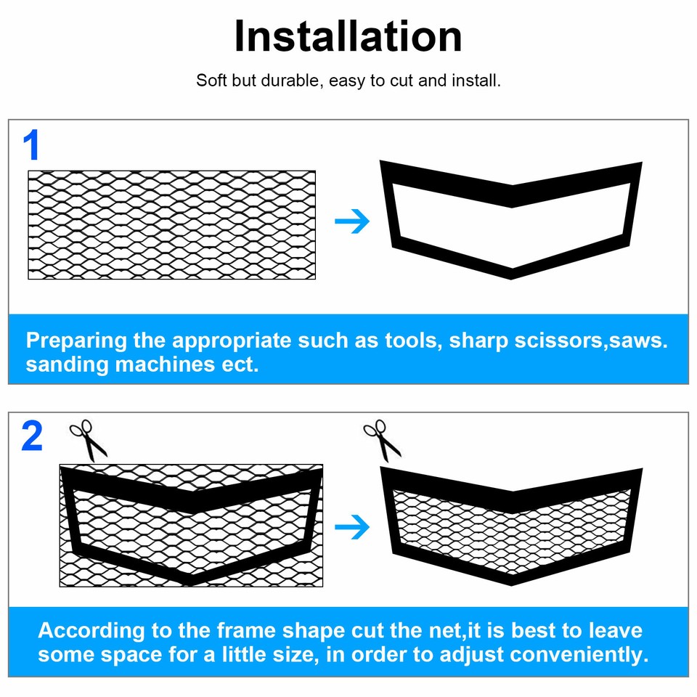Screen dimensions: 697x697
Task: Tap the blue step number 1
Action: pos(31,146)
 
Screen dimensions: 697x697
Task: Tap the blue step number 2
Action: pos(32,437)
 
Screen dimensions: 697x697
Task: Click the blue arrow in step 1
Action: pos(352,222)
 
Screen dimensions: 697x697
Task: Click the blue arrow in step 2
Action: pos(352,528)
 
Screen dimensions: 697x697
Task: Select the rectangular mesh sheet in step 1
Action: pos(172,225)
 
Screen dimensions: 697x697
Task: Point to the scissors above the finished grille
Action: pos(382,440)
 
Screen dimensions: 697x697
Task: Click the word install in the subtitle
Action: pos(476,81)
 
